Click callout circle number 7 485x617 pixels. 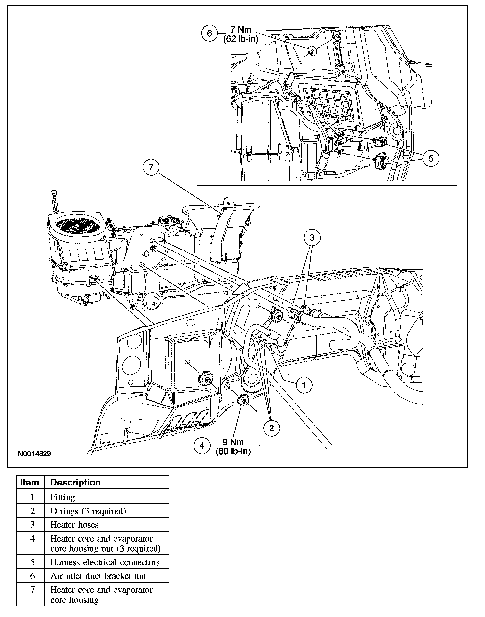click(x=151, y=167)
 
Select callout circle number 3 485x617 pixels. click(x=312, y=237)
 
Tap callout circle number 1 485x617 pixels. click(x=304, y=385)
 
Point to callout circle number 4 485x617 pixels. click(x=202, y=446)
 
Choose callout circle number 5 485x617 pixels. click(x=431, y=159)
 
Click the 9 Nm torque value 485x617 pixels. click(x=233, y=442)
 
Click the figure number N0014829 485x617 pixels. click(x=34, y=454)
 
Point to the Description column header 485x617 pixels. click(x=75, y=483)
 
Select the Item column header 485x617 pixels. click(x=30, y=483)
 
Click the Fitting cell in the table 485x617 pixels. click(x=63, y=497)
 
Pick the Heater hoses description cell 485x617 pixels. click(x=74, y=525)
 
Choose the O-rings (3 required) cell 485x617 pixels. click(x=88, y=511)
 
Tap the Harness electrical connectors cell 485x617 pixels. click(x=105, y=562)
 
